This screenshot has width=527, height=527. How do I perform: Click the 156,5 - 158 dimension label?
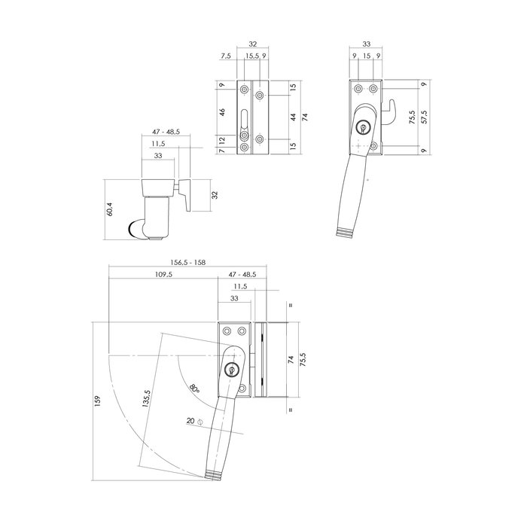point(188,262)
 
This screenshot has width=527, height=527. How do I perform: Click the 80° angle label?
point(194,388)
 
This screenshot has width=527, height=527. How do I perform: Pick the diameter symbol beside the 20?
point(200,422)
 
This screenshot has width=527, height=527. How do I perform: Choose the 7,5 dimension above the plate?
point(227,56)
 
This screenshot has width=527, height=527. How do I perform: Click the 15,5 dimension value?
point(251,56)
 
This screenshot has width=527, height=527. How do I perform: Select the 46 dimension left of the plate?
point(223,111)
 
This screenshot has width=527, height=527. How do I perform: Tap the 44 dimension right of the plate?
point(293,118)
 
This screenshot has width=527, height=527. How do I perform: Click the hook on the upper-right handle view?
point(392,112)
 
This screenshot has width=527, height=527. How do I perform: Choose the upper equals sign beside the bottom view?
point(290,306)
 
